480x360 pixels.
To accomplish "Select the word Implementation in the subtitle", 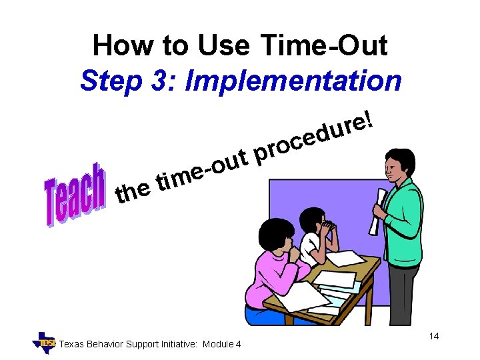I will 293,81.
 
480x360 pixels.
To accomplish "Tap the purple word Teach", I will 75,194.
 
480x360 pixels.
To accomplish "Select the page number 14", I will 433,336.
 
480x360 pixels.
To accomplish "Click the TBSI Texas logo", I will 45,342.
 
